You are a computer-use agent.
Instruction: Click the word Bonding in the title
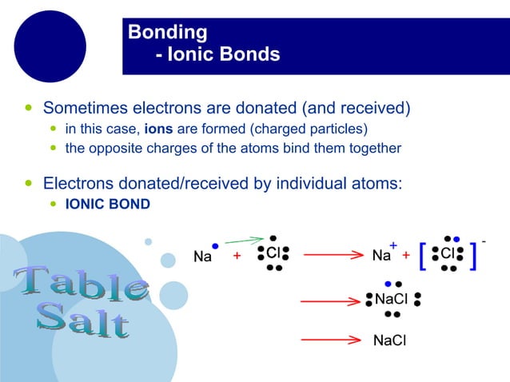pos(168,33)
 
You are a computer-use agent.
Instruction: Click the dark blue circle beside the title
pos(50,46)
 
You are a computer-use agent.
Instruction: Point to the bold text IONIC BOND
pos(107,204)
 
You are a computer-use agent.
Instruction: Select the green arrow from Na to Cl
pos(244,240)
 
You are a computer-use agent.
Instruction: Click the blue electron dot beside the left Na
pos(215,246)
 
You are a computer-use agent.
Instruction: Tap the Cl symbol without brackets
pos(273,253)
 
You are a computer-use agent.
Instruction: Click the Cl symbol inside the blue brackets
pos(448,253)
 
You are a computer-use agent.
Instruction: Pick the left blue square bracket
pos(423,255)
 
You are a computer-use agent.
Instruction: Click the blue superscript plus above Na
pos(393,245)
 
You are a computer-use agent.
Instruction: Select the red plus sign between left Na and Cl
pos(237,256)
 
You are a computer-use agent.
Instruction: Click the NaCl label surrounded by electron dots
pos(392,300)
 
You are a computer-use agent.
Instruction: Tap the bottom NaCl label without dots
pos(389,341)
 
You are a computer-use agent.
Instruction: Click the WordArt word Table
pos(80,284)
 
